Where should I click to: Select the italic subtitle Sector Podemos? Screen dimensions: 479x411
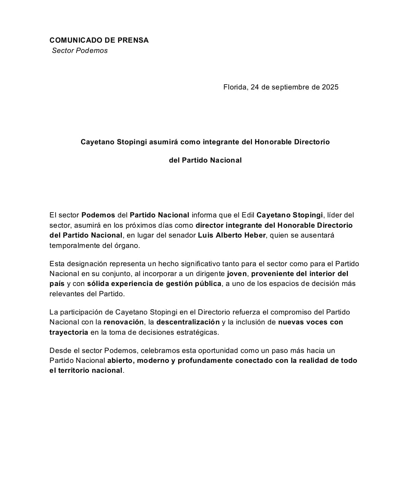point(80,51)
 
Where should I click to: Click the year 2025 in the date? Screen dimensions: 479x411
point(330,87)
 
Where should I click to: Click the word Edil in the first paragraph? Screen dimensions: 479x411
point(248,215)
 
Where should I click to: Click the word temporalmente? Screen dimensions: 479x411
point(75,246)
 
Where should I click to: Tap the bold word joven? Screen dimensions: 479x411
point(237,274)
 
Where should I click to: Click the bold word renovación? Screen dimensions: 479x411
point(123,322)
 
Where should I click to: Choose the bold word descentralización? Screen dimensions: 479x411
point(188,322)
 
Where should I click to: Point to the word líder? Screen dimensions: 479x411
point(335,215)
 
